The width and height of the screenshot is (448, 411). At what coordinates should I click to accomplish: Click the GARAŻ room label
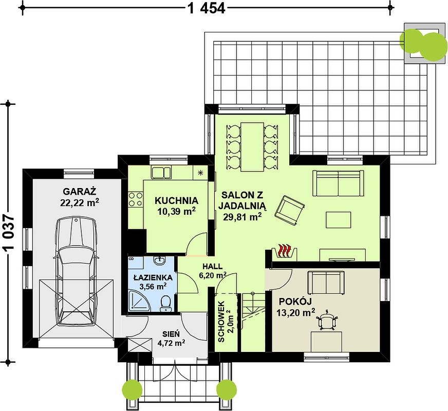80,191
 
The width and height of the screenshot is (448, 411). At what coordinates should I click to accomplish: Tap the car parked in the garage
76,271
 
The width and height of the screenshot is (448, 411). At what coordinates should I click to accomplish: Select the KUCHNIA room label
176,200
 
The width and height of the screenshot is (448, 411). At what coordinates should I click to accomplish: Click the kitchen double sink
161,173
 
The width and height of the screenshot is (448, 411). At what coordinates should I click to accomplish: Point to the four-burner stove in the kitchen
136,199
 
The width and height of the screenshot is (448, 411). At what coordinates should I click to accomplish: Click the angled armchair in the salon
289,210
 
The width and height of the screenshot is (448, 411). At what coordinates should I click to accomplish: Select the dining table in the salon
252,147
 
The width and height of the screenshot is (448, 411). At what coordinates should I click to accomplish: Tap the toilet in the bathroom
165,304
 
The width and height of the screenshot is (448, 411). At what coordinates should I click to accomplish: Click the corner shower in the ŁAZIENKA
140,300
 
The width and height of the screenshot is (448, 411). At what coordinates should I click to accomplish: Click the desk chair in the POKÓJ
327,320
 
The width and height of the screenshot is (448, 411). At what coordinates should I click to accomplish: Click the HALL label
213,266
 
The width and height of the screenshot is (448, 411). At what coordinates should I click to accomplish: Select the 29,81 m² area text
242,217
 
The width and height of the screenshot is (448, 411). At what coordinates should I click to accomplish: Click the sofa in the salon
338,183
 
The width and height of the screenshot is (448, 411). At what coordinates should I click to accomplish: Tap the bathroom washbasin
159,260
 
